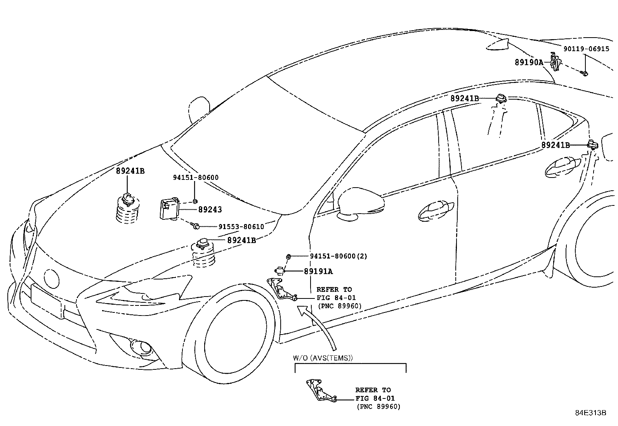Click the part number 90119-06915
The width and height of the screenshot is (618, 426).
(x=586, y=49)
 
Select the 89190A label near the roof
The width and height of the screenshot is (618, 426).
(x=529, y=62)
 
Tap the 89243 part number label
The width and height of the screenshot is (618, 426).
(x=210, y=210)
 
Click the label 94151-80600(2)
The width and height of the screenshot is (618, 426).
(x=339, y=256)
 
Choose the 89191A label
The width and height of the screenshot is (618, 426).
(x=318, y=271)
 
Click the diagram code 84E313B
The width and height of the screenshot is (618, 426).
(x=590, y=412)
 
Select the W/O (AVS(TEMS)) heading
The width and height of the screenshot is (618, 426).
(x=323, y=358)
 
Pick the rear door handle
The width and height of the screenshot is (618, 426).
(x=563, y=166)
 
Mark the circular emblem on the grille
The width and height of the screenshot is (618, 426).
(x=51, y=278)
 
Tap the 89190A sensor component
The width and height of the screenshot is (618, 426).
(x=556, y=62)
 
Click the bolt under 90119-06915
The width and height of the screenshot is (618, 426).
(x=585, y=73)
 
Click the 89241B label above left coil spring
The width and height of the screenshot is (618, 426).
(x=130, y=171)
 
